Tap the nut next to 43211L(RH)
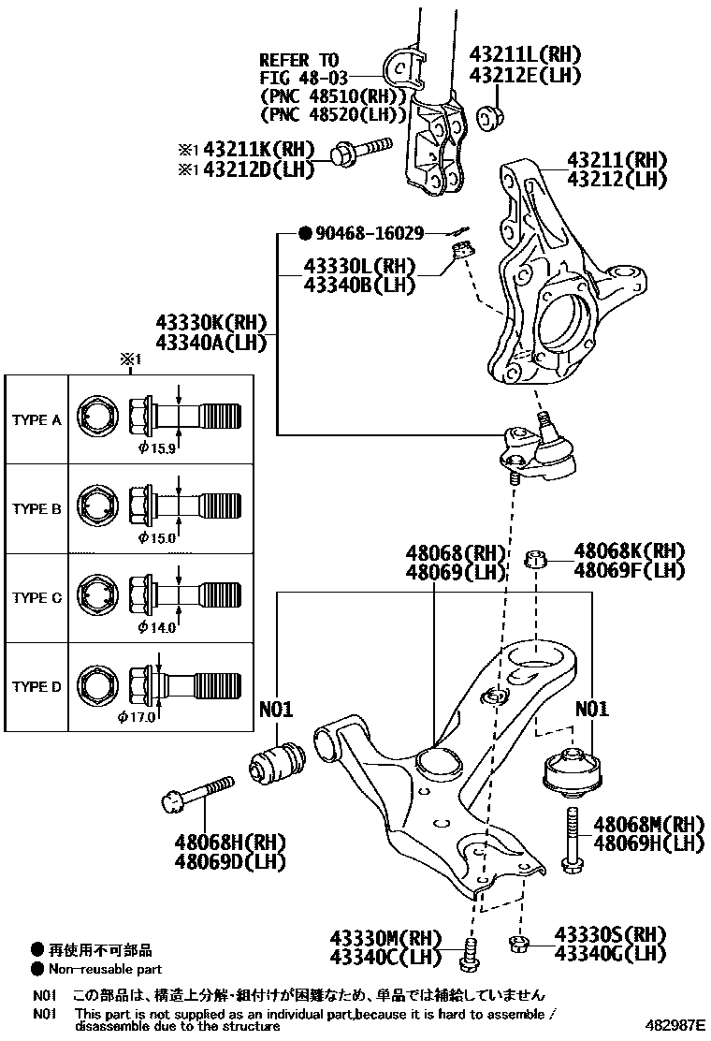[487, 119]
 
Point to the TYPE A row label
[36, 420]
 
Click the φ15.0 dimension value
[157, 537]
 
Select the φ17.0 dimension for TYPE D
[137, 717]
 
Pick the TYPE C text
[36, 597]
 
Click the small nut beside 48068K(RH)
[534, 560]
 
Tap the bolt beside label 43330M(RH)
[471, 952]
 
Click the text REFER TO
[298, 59]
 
